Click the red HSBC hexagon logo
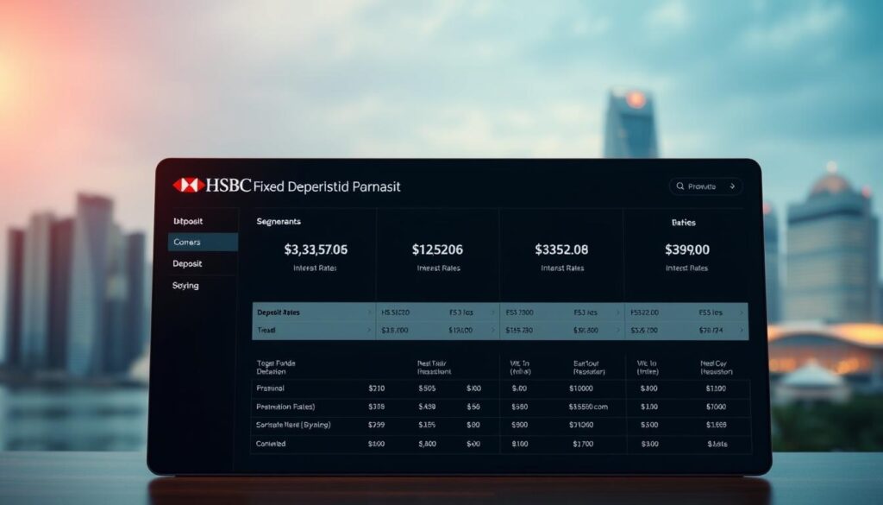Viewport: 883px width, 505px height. click(188, 185)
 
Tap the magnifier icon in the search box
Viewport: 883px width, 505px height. click(679, 186)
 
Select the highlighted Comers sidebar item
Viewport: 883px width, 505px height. click(186, 243)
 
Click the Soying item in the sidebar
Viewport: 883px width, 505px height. click(185, 286)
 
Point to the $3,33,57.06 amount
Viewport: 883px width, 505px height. click(316, 249)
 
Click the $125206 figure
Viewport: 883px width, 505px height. click(437, 249)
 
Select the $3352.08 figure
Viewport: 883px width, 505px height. click(561, 249)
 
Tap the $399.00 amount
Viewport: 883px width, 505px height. click(686, 249)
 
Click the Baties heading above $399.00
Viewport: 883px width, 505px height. click(683, 222)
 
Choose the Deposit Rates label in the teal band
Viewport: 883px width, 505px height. click(284, 312)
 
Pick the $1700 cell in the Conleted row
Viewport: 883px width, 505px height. click(582, 444)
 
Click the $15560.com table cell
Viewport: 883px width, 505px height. click(588, 407)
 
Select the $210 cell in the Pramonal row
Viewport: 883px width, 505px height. click(376, 388)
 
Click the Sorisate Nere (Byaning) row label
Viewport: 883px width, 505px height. click(293, 425)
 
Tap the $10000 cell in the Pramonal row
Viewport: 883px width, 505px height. click(582, 388)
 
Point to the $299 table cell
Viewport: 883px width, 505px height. click(376, 425)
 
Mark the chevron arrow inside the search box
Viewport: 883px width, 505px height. click(732, 186)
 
